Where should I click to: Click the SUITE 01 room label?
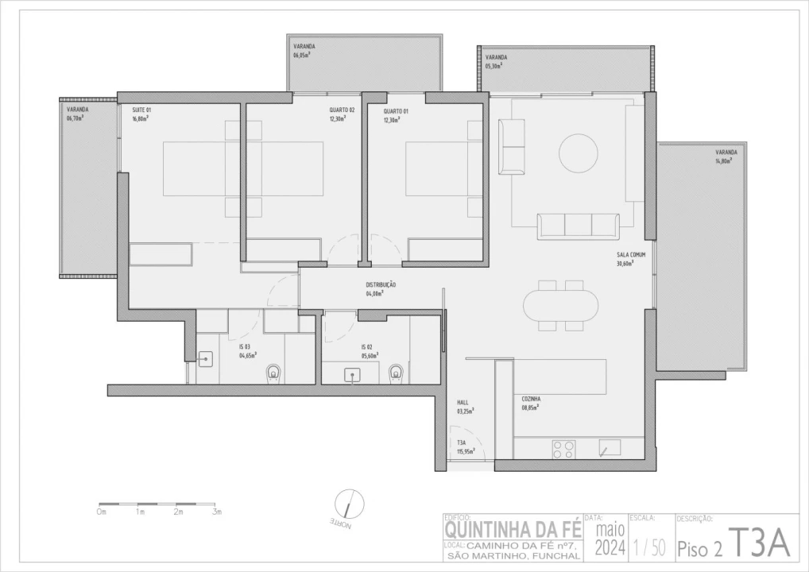pos(141,110)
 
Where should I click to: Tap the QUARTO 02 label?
pos(342,110)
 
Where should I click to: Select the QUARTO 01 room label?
pos(396,111)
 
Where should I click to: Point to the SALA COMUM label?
pos(630,255)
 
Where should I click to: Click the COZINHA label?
pos(531,399)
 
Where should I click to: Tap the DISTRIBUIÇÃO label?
pos(381,284)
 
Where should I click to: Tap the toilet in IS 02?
pos(396,372)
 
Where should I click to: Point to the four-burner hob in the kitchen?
pos(563,449)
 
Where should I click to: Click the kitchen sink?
pos(610,448)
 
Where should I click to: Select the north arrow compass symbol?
pos(345,504)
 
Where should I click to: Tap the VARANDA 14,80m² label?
pos(726,152)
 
